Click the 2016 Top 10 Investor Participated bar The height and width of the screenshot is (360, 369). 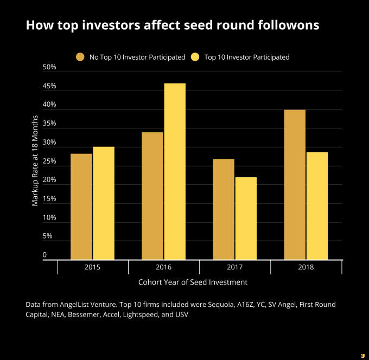(174, 171)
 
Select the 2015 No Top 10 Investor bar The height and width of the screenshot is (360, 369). (81, 207)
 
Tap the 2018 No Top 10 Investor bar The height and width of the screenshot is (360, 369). (295, 184)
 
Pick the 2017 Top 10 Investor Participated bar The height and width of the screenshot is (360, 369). (245, 218)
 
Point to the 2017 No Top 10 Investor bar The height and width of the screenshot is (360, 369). (224, 209)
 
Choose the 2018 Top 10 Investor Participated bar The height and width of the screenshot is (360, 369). (317, 205)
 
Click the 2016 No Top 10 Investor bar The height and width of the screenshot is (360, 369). (152, 196)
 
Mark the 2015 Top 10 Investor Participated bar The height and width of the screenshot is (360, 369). (103, 203)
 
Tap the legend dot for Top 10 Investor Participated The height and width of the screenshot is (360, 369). (195, 57)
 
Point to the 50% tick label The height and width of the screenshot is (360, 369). (49, 67)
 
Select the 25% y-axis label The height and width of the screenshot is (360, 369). (49, 162)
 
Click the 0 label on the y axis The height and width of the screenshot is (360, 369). (45, 255)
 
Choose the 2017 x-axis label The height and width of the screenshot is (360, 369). (234, 267)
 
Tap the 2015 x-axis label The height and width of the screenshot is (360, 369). (92, 267)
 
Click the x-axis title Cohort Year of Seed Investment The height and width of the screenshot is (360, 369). (193, 282)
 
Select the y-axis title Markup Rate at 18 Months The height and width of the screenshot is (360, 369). (35, 160)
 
